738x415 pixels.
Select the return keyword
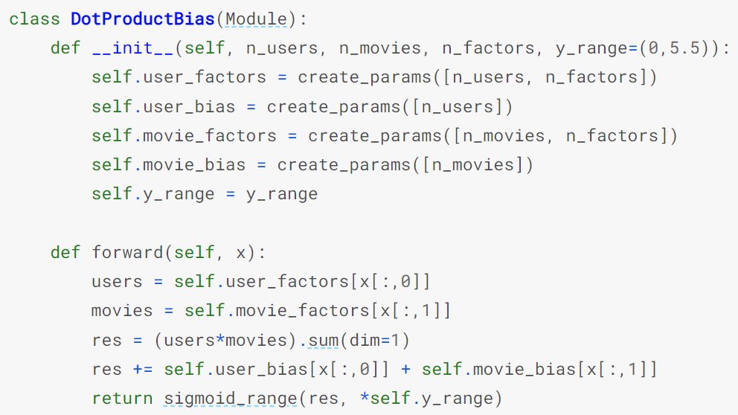[122, 399]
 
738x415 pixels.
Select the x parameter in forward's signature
[241, 252]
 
